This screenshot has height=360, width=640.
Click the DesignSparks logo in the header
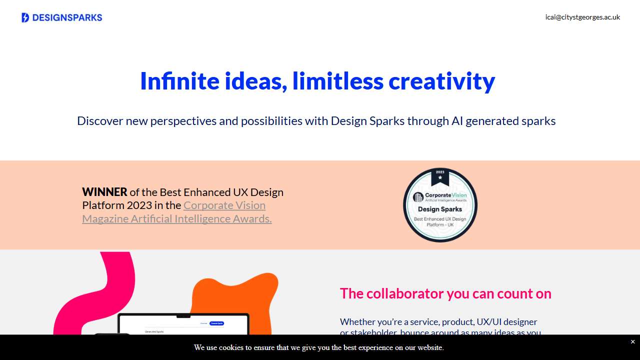point(62,17)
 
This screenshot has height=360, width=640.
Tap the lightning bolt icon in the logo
point(25,17)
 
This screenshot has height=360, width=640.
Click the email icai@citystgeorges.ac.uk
point(582,17)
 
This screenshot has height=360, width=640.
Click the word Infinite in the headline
point(179,81)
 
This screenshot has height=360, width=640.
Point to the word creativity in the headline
point(441,81)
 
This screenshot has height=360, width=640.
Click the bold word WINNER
point(104,192)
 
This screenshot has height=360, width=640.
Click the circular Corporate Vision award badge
point(440,205)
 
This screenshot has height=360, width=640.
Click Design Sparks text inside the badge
point(440,209)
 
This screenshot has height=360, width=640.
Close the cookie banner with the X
point(632,342)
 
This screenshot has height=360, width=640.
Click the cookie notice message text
point(318,347)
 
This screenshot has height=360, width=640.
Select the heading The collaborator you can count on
point(445,293)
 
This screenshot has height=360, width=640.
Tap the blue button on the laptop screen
point(216,323)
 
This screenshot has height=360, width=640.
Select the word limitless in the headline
point(337,81)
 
